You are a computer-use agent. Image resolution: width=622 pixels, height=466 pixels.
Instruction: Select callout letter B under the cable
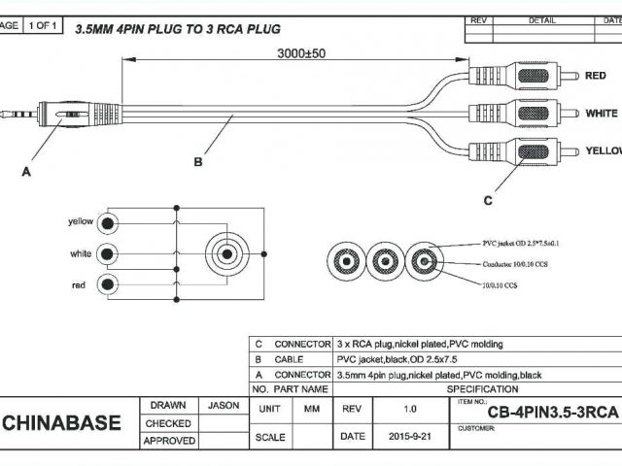(x=198, y=162)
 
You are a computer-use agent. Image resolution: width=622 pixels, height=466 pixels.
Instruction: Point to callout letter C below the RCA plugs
(x=489, y=200)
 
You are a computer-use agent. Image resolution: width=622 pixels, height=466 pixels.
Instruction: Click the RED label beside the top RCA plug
(x=596, y=75)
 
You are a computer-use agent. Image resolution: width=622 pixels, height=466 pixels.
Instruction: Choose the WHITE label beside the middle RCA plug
(x=601, y=114)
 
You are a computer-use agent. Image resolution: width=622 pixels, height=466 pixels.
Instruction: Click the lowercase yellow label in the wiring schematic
(x=81, y=221)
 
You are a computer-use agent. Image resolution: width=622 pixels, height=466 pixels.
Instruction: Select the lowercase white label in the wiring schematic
(x=82, y=253)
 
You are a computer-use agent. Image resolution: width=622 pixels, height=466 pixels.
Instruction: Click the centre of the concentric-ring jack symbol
(x=225, y=254)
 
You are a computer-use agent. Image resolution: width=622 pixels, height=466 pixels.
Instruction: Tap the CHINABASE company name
(x=62, y=423)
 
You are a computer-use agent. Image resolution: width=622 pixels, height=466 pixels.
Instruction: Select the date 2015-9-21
(x=407, y=437)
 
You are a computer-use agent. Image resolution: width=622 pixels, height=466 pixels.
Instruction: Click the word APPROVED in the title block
(x=168, y=441)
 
